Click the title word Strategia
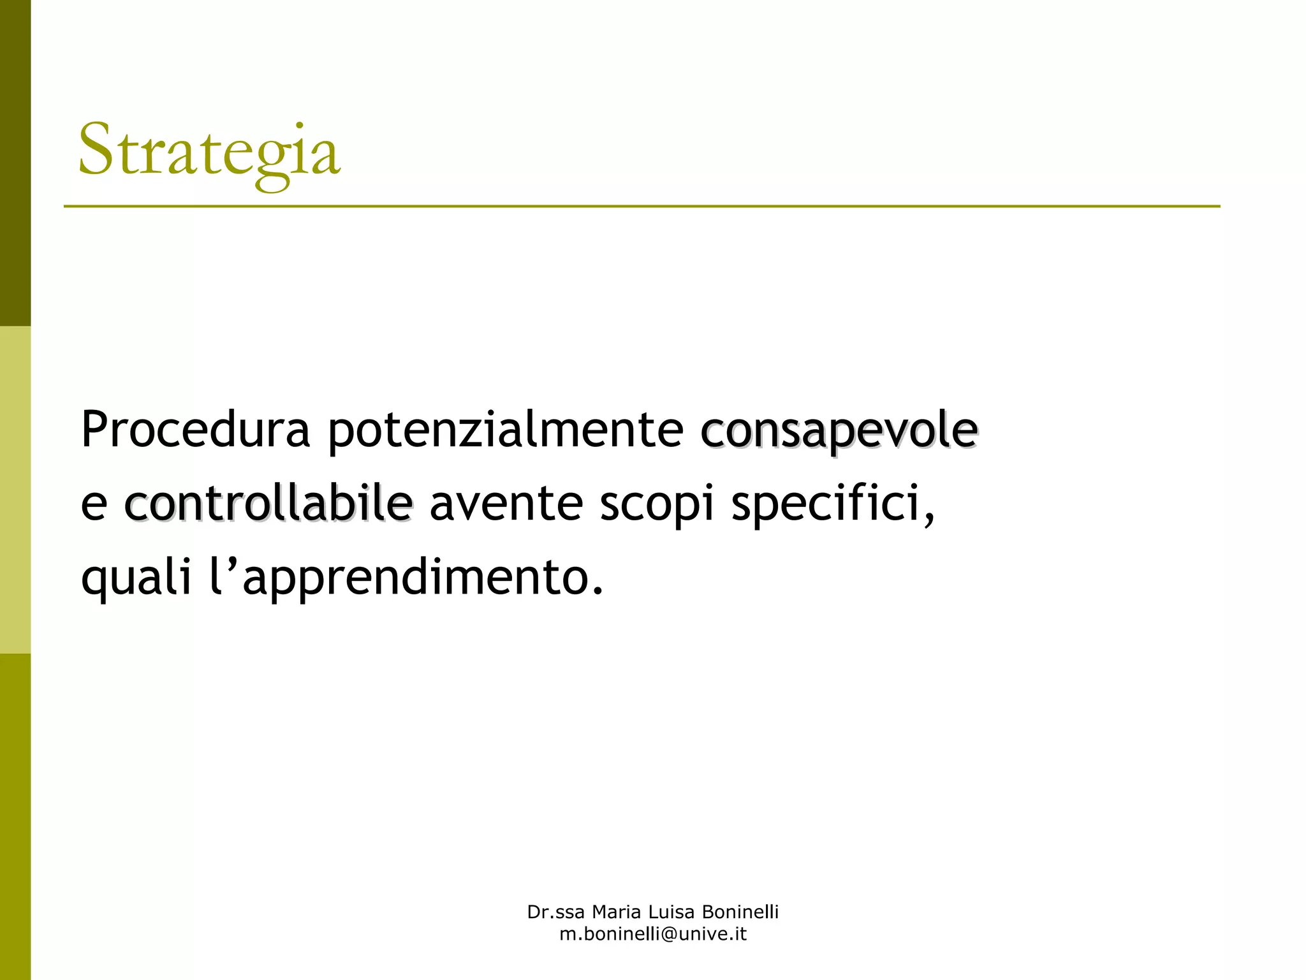209,152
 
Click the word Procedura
195,430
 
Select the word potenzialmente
506,430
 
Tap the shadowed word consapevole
839,430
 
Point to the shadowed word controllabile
268,503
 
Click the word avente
506,503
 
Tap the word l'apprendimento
406,577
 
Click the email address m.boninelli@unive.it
653,935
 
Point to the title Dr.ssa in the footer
555,912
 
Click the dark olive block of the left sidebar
15,163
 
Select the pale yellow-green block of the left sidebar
15,490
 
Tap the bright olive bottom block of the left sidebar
15,817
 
